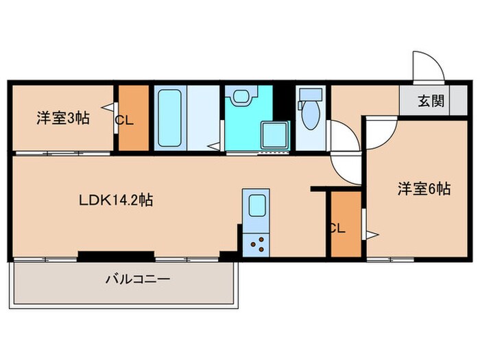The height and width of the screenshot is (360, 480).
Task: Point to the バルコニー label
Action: (137, 279)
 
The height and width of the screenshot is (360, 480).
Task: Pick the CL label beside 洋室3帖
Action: (124, 121)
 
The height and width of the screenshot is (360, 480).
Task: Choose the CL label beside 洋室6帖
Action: (337, 229)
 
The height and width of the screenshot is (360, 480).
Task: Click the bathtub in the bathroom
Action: (169, 118)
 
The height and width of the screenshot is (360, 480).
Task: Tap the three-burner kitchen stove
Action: (258, 243)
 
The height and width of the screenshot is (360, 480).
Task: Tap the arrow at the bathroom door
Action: (215, 145)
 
